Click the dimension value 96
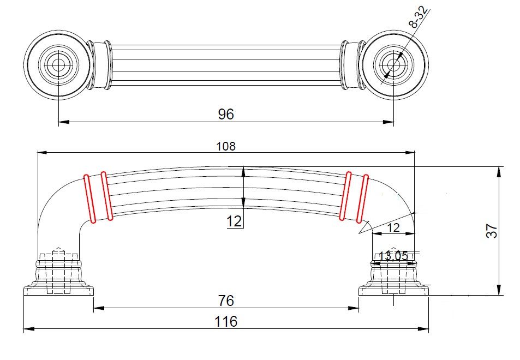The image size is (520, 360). (x=226, y=114)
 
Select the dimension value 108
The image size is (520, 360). (x=226, y=146)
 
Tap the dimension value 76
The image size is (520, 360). (x=226, y=301)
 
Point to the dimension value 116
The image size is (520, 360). (x=226, y=322)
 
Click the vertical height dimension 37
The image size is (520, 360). (x=492, y=231)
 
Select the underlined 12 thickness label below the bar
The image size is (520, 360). (x=234, y=221)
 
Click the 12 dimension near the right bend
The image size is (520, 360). (x=393, y=227)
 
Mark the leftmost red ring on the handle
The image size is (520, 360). (x=90, y=198)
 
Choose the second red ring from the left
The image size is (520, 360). (x=106, y=196)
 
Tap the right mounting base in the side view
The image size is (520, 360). (x=393, y=278)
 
